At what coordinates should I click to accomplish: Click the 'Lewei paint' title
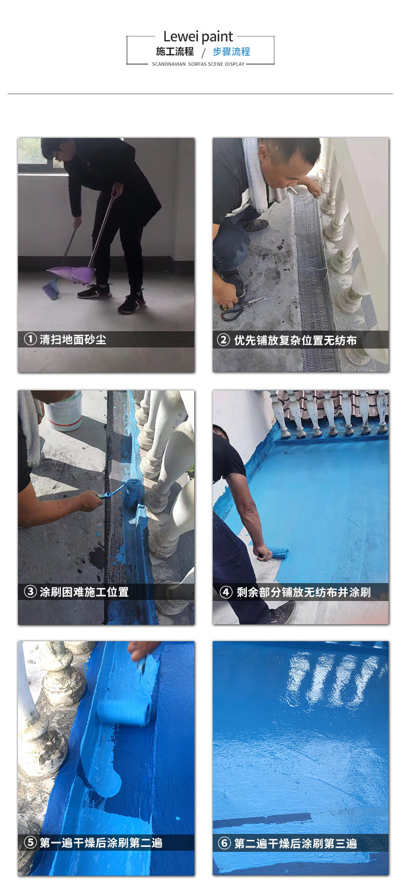click(x=198, y=37)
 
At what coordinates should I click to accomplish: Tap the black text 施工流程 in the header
click(x=175, y=52)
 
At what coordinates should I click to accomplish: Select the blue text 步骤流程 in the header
click(x=231, y=52)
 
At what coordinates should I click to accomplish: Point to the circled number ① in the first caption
click(x=30, y=340)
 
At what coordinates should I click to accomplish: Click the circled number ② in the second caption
click(x=224, y=340)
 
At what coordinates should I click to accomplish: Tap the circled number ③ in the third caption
click(x=30, y=592)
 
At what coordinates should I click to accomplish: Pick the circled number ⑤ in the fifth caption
click(x=30, y=843)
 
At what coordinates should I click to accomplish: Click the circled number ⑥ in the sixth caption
click(x=224, y=843)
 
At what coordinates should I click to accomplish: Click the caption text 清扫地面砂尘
click(x=73, y=340)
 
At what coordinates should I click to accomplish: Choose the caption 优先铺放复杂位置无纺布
click(x=295, y=340)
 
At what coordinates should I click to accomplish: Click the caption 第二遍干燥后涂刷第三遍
click(x=295, y=843)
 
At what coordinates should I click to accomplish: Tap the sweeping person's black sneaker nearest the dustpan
click(x=94, y=292)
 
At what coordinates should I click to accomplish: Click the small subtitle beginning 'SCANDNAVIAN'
click(x=198, y=64)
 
